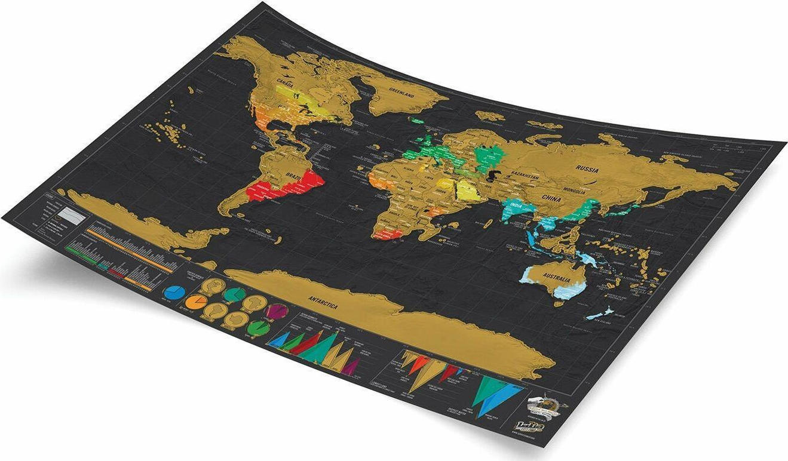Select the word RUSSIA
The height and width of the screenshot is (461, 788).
[587, 170]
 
